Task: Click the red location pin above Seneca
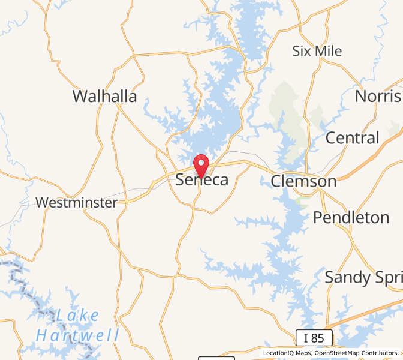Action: (x=200, y=164)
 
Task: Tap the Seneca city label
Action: (x=202, y=180)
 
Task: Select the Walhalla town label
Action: (x=104, y=96)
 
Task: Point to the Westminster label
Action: (x=76, y=203)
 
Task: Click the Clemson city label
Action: (x=303, y=181)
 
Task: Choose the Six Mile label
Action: (x=317, y=51)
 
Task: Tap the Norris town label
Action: (x=378, y=96)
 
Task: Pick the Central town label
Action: (x=352, y=138)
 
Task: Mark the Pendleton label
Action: (x=351, y=217)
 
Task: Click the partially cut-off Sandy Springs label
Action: (x=363, y=277)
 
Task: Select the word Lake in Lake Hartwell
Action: (x=79, y=315)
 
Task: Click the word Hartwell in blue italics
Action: (x=78, y=335)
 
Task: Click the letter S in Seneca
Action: (x=181, y=180)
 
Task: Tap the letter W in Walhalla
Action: (x=80, y=96)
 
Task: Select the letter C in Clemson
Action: (x=276, y=181)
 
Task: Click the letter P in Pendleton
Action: (x=318, y=217)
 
